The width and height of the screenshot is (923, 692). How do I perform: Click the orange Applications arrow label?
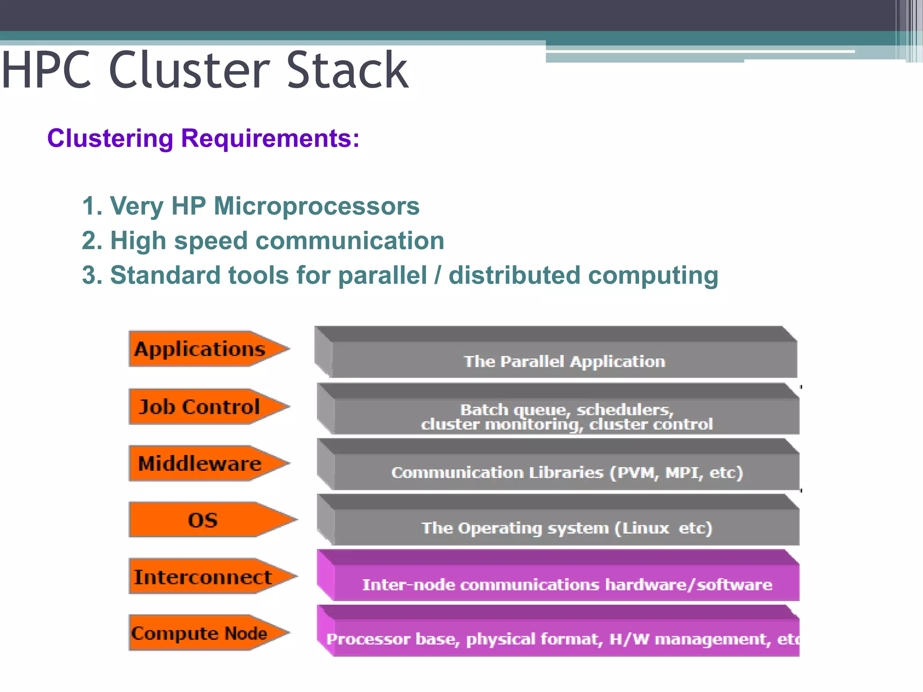201,349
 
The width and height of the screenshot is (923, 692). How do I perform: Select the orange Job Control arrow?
201,407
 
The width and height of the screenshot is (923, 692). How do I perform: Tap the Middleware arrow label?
201,464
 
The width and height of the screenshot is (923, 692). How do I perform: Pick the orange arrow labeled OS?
203,520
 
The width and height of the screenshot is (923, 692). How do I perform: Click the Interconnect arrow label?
203,577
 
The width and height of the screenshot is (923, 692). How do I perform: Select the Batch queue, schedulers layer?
567,416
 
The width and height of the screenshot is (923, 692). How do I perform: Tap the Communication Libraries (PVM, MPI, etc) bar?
567,472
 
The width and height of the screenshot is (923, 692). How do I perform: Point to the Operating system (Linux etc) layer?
567,528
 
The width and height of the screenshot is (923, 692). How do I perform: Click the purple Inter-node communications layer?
567,584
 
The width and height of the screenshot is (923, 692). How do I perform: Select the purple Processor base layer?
561,639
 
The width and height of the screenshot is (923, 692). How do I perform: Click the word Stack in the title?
347,70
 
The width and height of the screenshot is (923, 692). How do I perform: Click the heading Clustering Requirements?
203,138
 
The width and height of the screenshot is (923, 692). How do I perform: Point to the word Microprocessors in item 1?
316,206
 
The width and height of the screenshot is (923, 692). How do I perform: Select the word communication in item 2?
350,240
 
